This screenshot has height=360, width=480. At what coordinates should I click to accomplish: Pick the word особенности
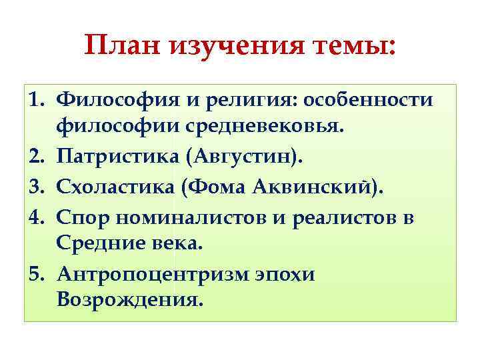[368, 100]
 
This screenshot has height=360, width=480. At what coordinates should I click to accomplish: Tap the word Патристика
[117, 157]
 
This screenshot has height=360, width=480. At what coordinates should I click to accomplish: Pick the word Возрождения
[128, 301]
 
